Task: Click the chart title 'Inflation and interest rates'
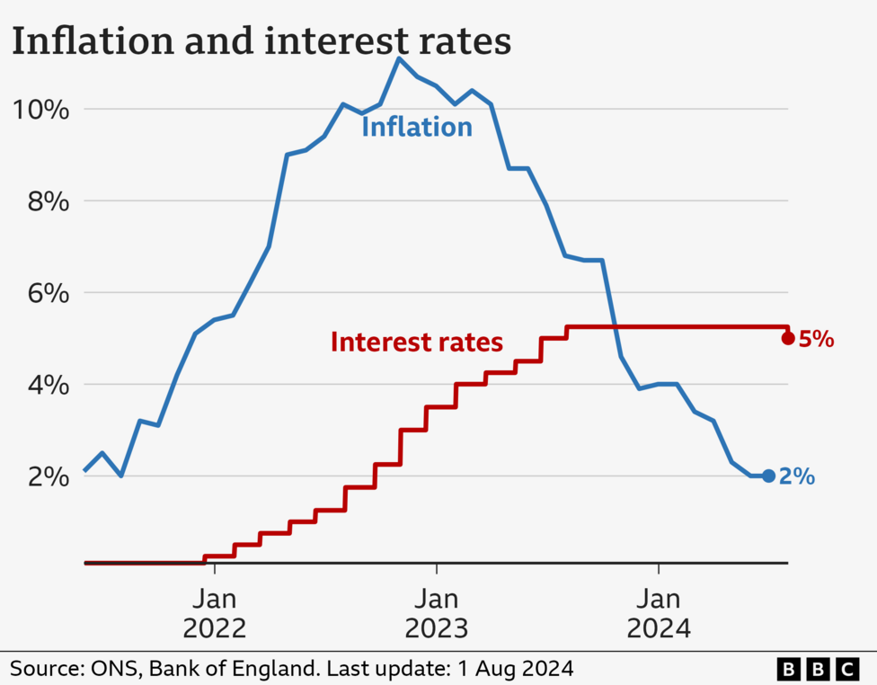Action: (261, 41)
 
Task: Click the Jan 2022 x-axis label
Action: (214, 613)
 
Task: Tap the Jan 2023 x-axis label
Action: (437, 613)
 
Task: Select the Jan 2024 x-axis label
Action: (659, 613)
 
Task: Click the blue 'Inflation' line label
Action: (416, 128)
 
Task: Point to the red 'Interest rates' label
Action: (416, 342)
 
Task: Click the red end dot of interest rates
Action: (788, 339)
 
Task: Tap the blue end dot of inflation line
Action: (768, 476)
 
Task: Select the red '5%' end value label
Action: (817, 340)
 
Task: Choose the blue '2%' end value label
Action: (797, 477)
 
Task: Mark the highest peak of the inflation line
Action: (399, 58)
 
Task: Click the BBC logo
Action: (818, 669)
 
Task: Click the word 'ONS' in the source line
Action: (114, 669)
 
